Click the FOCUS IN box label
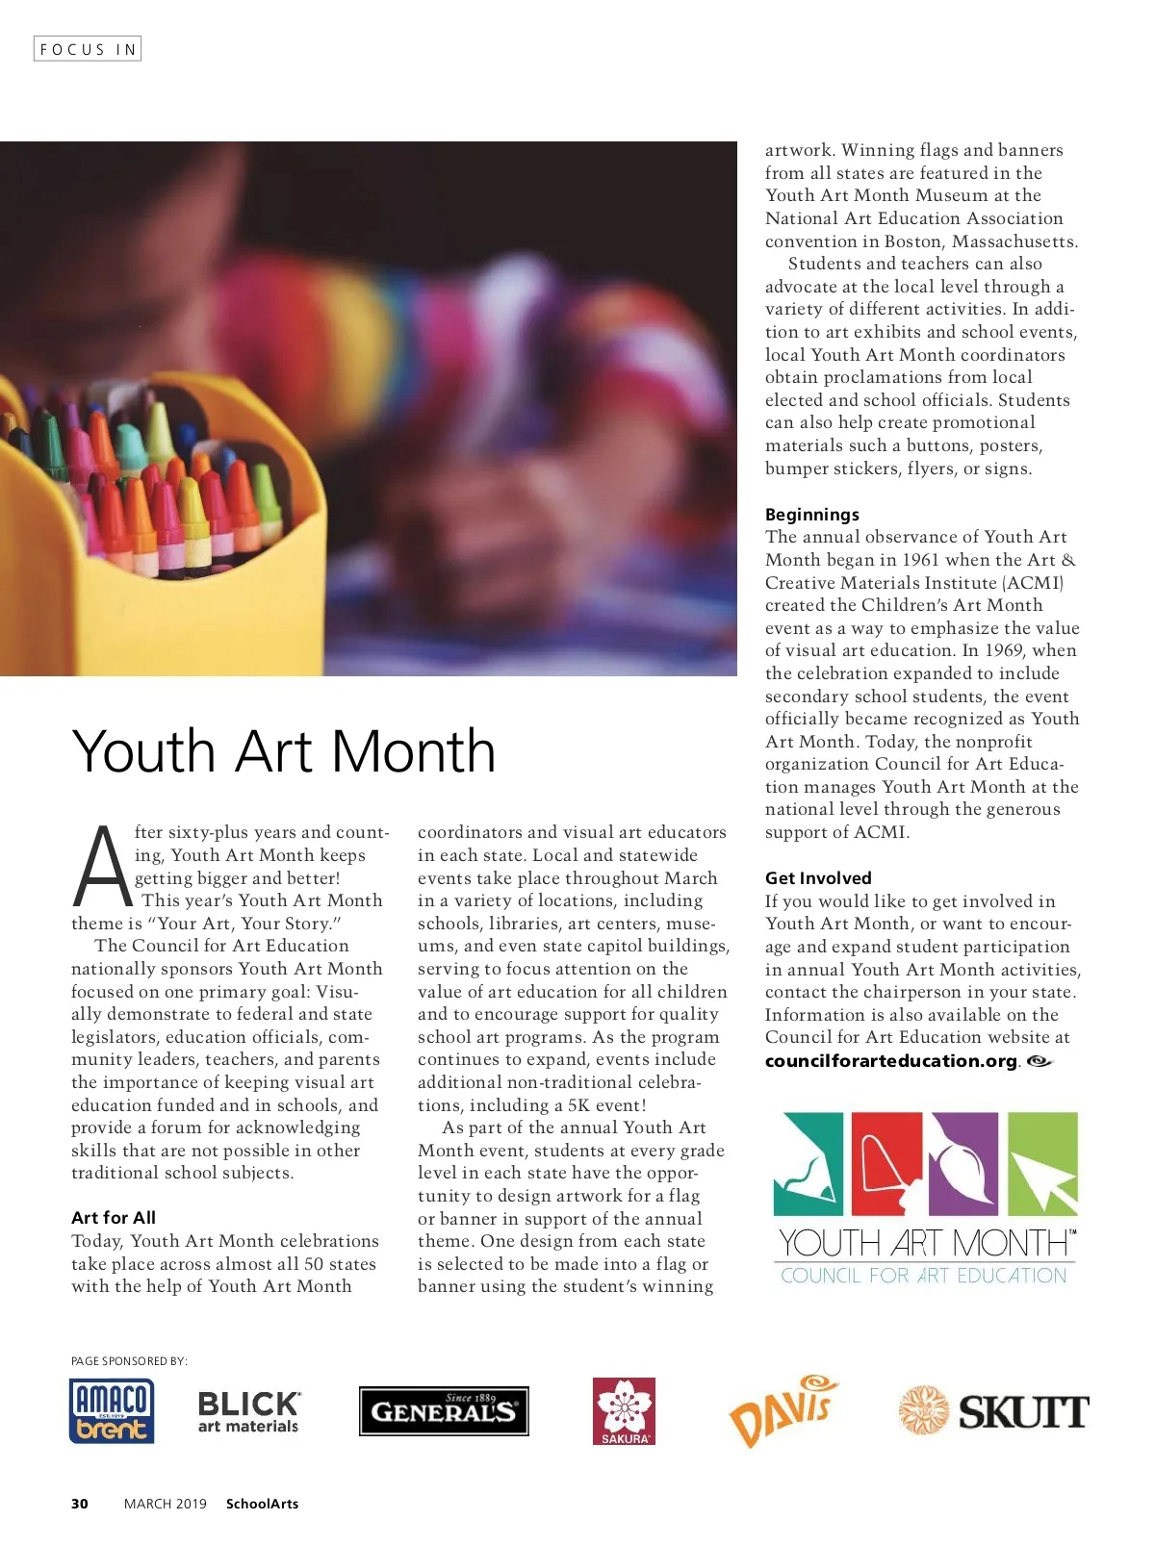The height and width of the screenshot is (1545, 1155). click(x=88, y=49)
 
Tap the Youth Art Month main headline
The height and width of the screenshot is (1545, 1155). click(x=284, y=751)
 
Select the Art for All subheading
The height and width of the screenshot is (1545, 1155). click(x=114, y=1218)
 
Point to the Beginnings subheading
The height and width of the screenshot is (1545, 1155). click(x=812, y=515)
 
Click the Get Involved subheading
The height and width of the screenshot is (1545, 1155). click(x=818, y=878)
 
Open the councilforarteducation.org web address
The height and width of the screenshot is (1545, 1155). click(x=891, y=1061)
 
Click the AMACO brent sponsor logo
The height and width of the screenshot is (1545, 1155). click(x=112, y=1411)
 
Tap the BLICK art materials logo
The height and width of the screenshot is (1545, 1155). click(x=248, y=1412)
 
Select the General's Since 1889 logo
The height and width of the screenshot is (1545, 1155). click(x=444, y=1411)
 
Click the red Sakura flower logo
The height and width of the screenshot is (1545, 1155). click(x=624, y=1411)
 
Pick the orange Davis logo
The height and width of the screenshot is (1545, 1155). click(x=783, y=1411)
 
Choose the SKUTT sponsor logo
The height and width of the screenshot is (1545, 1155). click(x=992, y=1411)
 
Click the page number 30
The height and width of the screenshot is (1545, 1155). click(x=80, y=1504)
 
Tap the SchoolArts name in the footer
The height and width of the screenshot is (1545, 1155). click(x=262, y=1504)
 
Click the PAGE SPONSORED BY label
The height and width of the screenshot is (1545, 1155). click(x=129, y=1361)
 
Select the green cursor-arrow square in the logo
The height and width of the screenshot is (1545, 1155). click(x=1042, y=1162)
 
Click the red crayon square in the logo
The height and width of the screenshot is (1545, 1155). click(x=886, y=1162)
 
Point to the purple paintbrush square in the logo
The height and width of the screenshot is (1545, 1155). click(x=964, y=1162)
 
